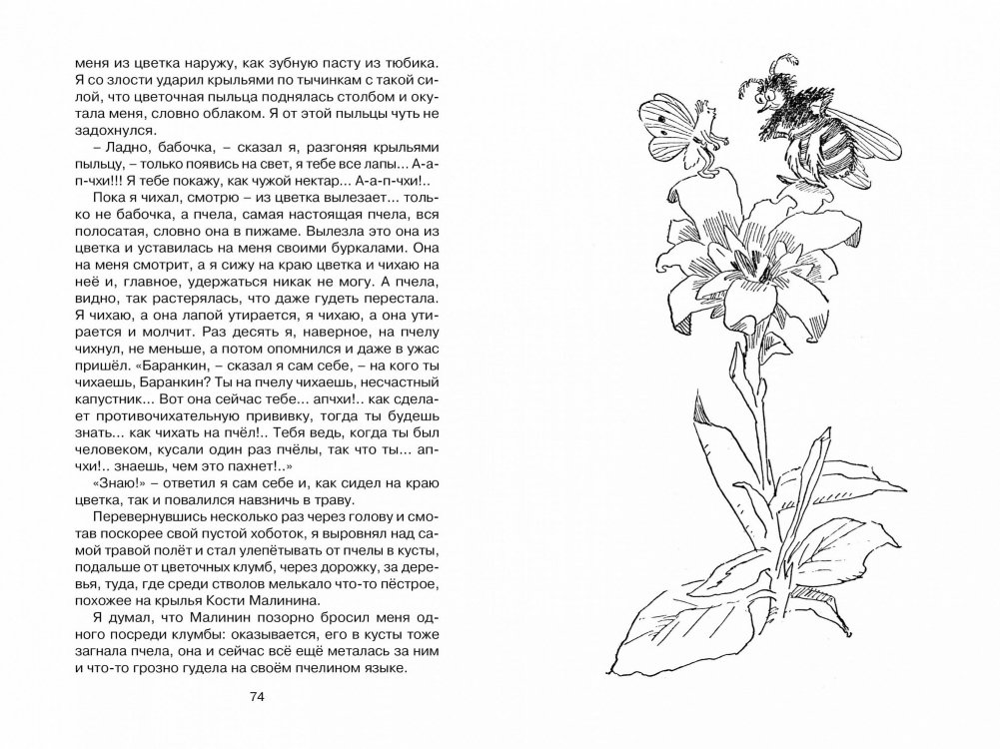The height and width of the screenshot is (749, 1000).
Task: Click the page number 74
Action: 257,697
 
